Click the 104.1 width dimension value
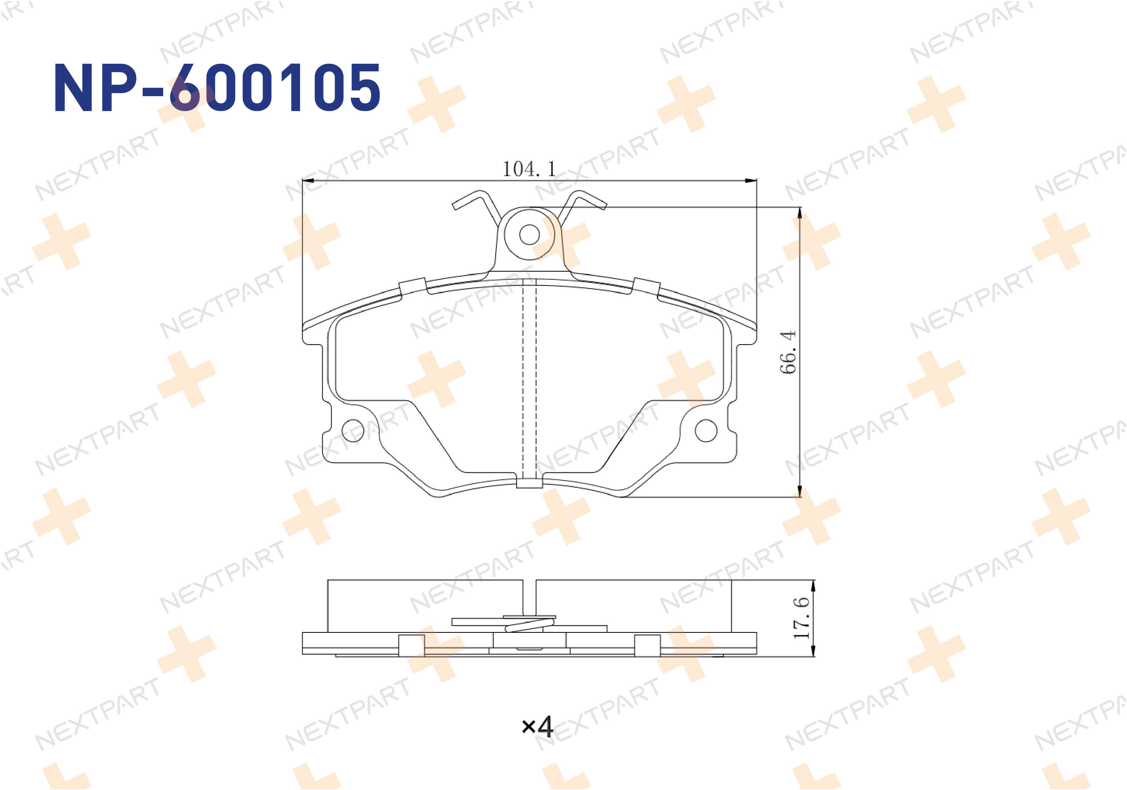click(529, 169)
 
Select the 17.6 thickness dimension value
click(801, 617)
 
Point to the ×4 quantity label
click(538, 726)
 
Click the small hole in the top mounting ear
click(529, 234)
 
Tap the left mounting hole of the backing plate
click(352, 430)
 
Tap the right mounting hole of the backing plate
click(706, 430)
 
